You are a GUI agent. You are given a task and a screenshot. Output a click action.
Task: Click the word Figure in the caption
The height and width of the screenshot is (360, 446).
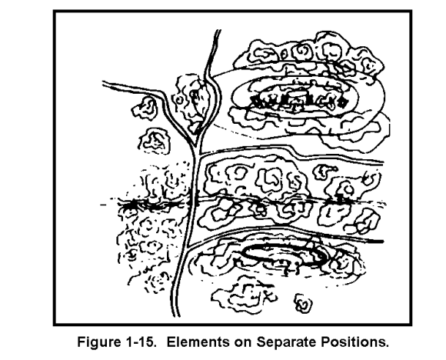click(98, 342)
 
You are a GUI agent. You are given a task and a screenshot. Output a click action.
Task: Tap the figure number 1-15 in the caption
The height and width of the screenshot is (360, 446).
click(139, 342)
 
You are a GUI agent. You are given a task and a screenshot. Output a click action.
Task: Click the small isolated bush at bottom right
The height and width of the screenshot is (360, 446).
click(303, 304)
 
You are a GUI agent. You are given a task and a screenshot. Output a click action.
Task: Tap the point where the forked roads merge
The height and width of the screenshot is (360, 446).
click(195, 145)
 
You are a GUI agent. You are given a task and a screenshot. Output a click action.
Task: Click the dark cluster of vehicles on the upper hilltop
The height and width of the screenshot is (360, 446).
click(298, 98)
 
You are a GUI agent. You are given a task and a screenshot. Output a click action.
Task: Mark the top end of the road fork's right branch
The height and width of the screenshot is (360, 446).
click(218, 30)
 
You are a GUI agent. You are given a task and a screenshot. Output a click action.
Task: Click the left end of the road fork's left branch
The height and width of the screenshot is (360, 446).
click(104, 83)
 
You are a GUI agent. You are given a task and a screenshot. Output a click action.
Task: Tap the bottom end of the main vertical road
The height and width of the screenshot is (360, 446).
click(176, 315)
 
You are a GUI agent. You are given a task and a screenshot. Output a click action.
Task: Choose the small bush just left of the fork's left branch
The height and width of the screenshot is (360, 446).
click(145, 107)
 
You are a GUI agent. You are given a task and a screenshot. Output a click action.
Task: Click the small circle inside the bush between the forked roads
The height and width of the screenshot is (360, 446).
click(179, 100)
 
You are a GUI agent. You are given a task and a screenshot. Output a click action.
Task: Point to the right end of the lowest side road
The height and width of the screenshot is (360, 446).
click(382, 242)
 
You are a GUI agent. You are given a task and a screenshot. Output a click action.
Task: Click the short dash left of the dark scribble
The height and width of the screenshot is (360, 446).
click(104, 205)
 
